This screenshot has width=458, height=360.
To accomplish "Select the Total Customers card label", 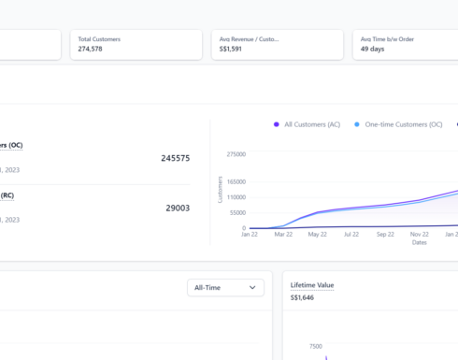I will click(x=99, y=39).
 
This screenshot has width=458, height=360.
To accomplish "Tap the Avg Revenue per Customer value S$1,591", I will click(x=231, y=49).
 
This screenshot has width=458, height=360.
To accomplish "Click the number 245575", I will click(x=175, y=158).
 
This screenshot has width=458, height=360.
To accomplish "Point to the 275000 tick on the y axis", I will click(x=236, y=154).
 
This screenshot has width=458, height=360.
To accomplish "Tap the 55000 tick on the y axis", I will click(x=237, y=213).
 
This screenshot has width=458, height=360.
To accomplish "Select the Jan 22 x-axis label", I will click(x=249, y=235).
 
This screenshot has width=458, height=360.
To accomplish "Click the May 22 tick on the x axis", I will click(x=319, y=235).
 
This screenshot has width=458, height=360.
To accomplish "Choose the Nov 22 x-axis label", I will click(x=420, y=235).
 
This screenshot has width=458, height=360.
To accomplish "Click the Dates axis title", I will click(x=421, y=242).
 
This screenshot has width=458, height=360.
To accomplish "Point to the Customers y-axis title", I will click(x=221, y=190).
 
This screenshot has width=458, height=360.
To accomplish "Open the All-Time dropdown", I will click(x=225, y=288).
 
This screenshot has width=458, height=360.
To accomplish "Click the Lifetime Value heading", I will click(x=311, y=285).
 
